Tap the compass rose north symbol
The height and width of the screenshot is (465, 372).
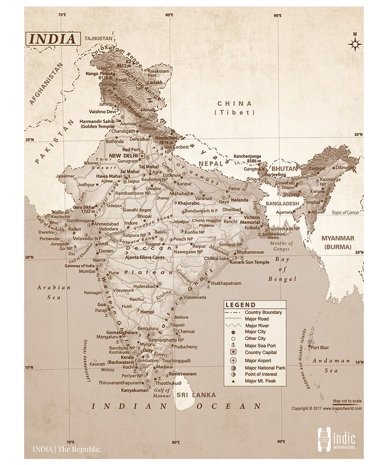pos(355,43)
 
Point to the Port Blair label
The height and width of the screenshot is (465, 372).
pos(320,347)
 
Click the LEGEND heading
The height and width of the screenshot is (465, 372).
pos(240,305)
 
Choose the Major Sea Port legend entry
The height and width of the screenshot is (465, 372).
pos(260,346)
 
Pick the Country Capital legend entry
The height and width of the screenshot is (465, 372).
pos(260,353)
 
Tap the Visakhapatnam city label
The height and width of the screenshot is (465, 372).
pos(226,283)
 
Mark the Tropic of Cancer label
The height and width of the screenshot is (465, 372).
pos(345,213)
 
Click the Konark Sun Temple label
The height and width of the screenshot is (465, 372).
pos(250,262)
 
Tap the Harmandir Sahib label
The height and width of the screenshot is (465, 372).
pos(97,124)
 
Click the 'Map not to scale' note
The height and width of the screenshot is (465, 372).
pos(347,401)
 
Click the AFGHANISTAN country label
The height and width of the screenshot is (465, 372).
pos(46,84)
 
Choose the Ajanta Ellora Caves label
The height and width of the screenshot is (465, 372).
pos(144,257)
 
